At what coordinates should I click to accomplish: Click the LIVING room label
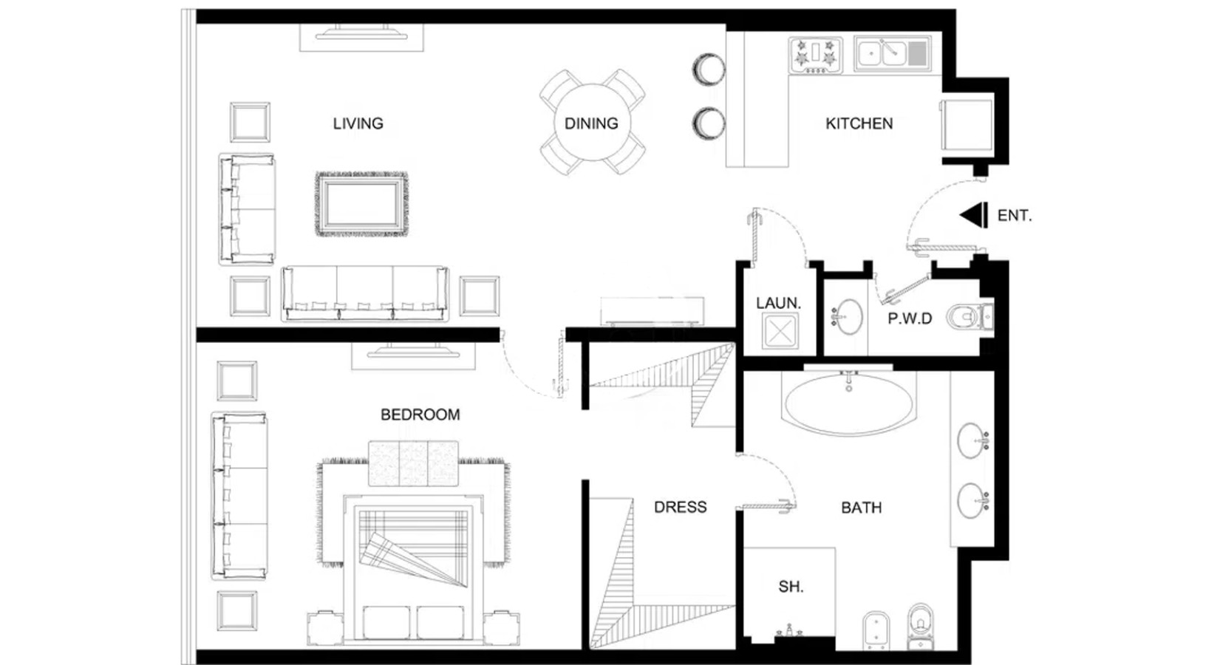pos(358,123)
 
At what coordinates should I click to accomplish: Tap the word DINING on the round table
pos(591,123)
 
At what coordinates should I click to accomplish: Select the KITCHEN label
pos(859,123)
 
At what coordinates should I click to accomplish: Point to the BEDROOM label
pos(420,415)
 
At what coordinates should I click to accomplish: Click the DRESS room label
pos(681,507)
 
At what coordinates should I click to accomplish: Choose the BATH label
pos(862,507)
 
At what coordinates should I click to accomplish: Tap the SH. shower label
pos(791,587)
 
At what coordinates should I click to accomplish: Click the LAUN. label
pos(779,303)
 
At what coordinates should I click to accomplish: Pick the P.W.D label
pos(910,318)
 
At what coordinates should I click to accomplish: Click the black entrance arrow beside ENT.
pos(974,215)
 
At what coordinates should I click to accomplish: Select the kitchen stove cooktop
pos(816,55)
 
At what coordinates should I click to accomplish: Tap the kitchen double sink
pos(893,54)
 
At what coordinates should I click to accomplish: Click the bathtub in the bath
pos(849,403)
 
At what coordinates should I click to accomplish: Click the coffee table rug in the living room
pos(362,204)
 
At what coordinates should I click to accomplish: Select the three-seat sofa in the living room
pos(365,293)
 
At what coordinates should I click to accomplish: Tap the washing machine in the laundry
pos(780,330)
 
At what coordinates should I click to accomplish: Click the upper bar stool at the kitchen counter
pos(709,69)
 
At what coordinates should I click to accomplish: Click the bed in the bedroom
pos(414,568)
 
